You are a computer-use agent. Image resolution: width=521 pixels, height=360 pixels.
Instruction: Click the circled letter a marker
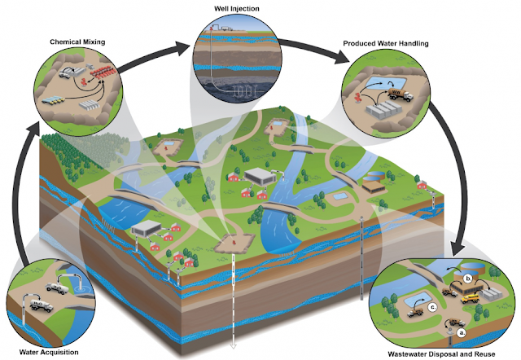[461, 331]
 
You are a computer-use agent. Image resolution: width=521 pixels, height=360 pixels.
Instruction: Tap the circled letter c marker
[433, 307]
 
